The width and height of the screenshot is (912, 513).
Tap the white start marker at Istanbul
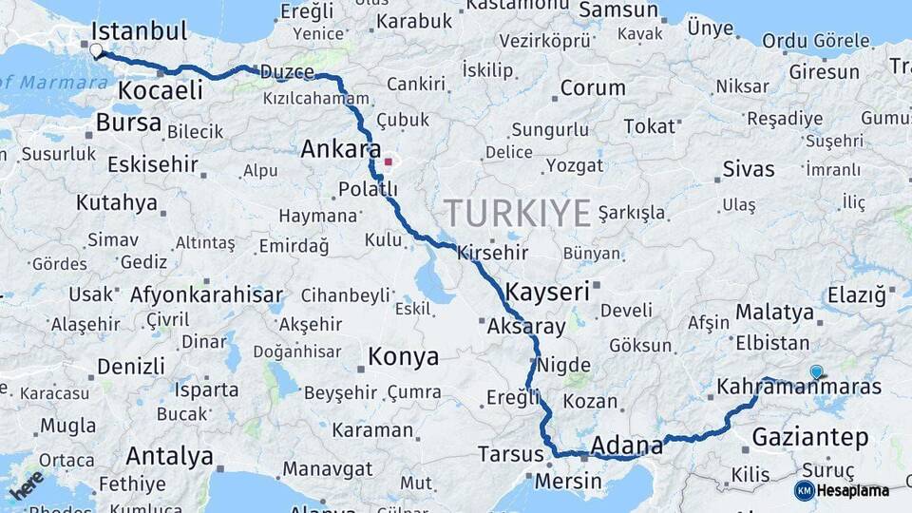pos(96,49)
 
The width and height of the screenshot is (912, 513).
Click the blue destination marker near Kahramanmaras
pos(816,372)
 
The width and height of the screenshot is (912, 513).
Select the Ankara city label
pos(341,149)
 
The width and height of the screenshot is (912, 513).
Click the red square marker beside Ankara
pos(388,161)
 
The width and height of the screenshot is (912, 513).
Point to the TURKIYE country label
pos(517,213)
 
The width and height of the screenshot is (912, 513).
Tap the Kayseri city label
pos(547,291)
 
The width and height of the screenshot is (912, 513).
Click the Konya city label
pos(403,357)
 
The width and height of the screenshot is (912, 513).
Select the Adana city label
pos(627,445)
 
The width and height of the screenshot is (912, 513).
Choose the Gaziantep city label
pos(809,437)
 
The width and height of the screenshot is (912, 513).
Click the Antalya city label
pos(169,456)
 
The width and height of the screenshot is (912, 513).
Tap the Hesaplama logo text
pos(852,490)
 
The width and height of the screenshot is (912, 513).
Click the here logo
pos(27,484)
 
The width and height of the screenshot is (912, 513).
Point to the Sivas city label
pos(749,170)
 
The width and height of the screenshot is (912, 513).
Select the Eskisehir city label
pos(152,163)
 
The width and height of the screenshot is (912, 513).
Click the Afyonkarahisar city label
pos(206,294)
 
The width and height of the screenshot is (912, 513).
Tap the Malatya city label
pos(774,312)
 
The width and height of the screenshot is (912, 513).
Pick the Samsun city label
pos(618,10)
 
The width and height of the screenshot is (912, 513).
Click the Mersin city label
pos(568,481)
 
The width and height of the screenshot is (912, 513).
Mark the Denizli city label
pos(131,366)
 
